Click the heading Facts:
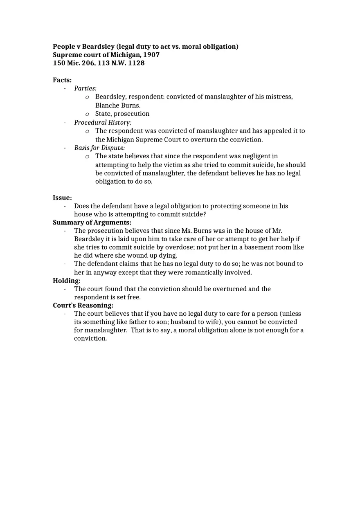(62, 80)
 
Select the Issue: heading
(62, 198)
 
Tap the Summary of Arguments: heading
(92, 222)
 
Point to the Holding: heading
(67, 281)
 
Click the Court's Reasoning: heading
(83, 306)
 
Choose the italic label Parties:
(85, 88)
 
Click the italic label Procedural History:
(103, 122)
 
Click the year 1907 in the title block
(151, 55)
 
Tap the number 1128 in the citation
(136, 63)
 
